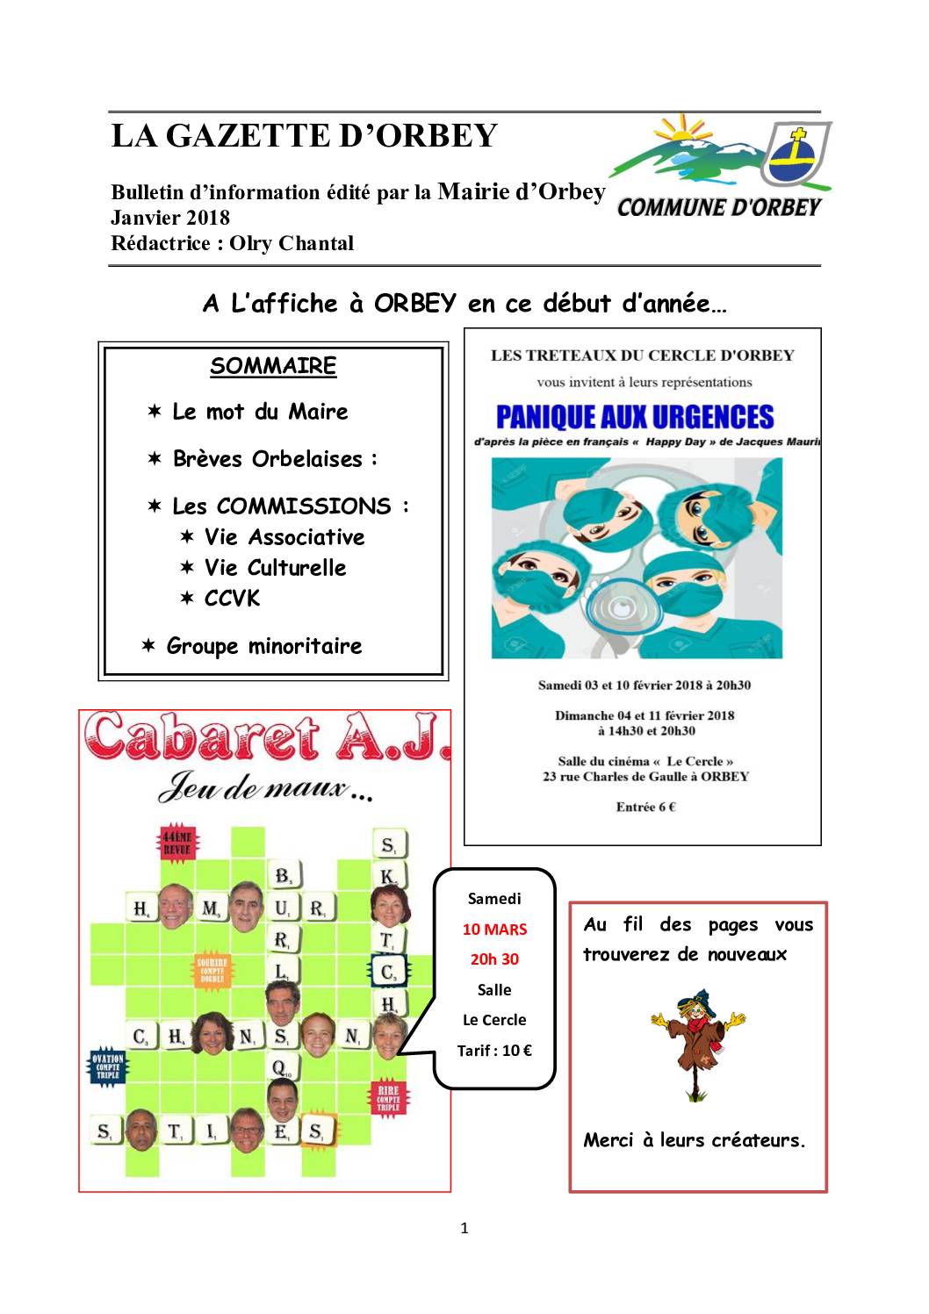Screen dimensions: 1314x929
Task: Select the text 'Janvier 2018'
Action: [170, 218]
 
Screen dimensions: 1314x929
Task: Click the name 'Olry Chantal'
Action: [292, 243]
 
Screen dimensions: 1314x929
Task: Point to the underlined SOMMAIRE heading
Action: [273, 366]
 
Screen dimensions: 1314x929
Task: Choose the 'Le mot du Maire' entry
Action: [260, 412]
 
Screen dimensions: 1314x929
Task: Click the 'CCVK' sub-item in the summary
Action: [232, 599]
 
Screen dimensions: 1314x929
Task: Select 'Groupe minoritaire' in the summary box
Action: [264, 647]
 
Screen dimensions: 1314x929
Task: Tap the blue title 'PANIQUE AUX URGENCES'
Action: [635, 416]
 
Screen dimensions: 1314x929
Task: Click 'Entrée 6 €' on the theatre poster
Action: [645, 807]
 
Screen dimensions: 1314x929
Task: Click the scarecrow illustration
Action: [699, 1044]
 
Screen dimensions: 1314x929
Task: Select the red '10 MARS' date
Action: [494, 930]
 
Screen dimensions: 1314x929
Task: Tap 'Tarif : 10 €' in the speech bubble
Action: [494, 1051]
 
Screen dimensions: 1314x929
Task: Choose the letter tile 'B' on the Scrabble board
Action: [283, 875]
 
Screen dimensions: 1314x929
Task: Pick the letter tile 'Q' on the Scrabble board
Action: [280, 1067]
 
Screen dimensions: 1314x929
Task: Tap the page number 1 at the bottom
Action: [464, 1228]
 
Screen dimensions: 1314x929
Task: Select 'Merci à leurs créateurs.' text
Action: [695, 1141]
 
